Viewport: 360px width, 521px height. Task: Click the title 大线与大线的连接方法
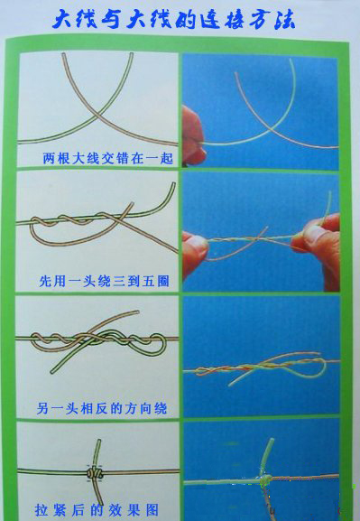(173, 20)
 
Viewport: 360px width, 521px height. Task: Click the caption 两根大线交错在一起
(108, 158)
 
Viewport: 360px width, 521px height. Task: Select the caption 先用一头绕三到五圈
(104, 281)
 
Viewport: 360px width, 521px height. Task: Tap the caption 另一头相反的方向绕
(102, 408)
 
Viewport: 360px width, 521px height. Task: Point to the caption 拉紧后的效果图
(97, 510)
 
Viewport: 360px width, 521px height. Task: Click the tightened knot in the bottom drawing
(95, 472)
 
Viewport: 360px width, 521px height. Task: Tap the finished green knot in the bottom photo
(266, 479)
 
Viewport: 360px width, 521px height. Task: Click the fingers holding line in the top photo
(194, 135)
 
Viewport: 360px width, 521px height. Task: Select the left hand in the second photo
(195, 253)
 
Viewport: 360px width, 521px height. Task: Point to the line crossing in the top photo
(272, 128)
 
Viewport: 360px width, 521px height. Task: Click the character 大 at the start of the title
(64, 20)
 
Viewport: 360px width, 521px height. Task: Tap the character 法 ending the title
(284, 20)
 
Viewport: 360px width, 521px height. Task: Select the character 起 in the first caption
(167, 158)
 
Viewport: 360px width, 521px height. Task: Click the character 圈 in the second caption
(162, 281)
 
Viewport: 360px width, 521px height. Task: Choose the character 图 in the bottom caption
(152, 510)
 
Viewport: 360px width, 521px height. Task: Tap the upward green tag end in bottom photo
(267, 456)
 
